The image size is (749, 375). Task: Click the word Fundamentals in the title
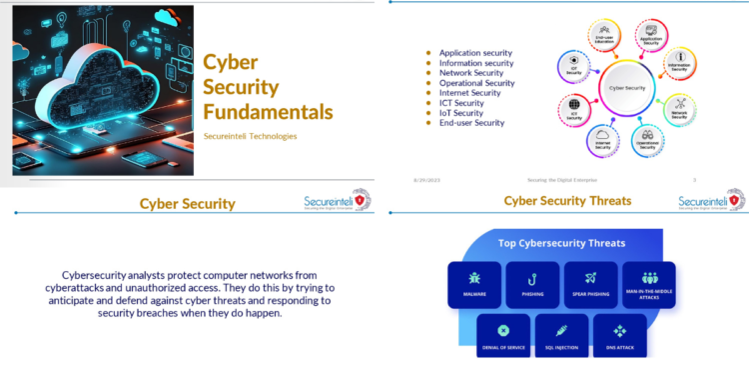point(268,110)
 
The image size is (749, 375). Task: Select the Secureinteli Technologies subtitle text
point(250,137)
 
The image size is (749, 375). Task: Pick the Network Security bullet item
point(471,73)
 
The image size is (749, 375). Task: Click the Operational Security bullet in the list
point(476,83)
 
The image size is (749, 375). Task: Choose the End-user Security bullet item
point(471,123)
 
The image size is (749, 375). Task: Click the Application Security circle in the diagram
point(650,37)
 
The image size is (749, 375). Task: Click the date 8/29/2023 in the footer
point(426,180)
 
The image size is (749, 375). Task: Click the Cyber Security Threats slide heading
point(567,201)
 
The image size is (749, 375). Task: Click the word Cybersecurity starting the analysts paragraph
point(99,275)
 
